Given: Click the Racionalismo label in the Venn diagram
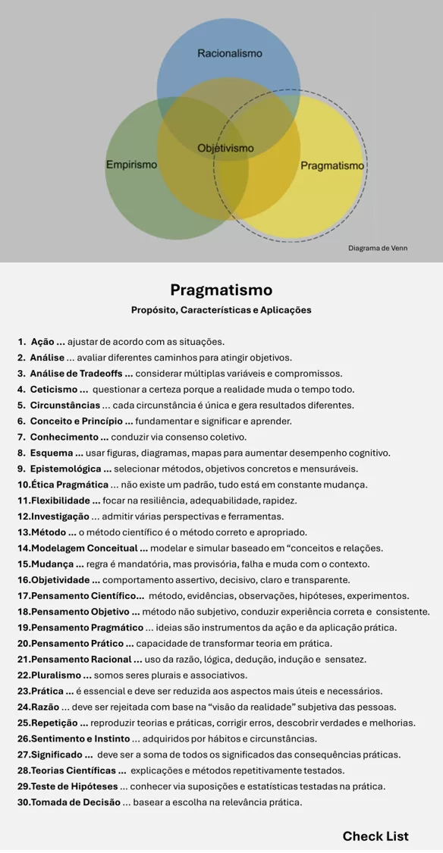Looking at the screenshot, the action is [x=230, y=53].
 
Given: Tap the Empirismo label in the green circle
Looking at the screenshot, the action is [x=132, y=165].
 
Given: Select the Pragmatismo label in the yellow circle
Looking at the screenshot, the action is [x=332, y=165].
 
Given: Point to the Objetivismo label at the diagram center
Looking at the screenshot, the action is [x=225, y=148].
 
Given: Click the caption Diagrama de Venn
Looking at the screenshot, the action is [x=378, y=248].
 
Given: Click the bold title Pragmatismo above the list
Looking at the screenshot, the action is [x=221, y=290].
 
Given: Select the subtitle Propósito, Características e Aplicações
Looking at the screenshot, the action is [x=221, y=310].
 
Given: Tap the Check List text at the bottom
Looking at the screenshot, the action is [x=375, y=836].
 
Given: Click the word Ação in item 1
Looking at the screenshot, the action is [x=42, y=342].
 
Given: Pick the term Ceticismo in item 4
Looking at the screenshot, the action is [x=55, y=390].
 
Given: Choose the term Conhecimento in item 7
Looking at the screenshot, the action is [x=64, y=437].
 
